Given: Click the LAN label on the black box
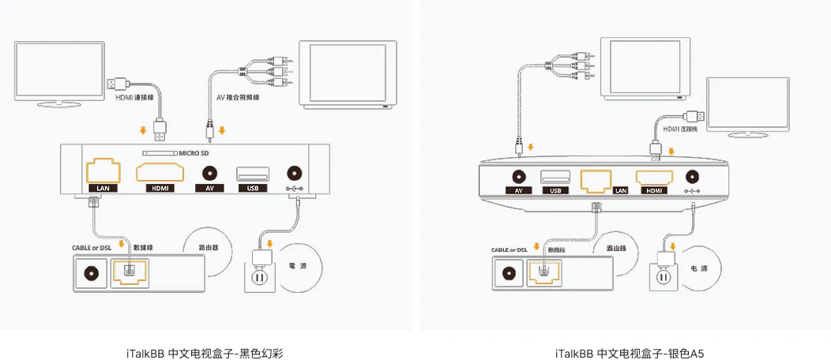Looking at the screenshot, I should click(x=103, y=188).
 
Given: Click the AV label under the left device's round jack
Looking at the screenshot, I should click(x=209, y=188).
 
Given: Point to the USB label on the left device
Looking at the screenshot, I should click(x=252, y=188).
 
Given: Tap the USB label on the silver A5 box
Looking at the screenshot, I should click(x=555, y=190).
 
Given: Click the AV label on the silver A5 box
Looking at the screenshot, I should click(x=519, y=190).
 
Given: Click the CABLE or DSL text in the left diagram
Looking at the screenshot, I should click(x=92, y=247).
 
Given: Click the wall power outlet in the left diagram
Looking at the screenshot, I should click(x=259, y=279).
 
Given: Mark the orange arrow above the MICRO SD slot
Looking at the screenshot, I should click(x=142, y=129).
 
